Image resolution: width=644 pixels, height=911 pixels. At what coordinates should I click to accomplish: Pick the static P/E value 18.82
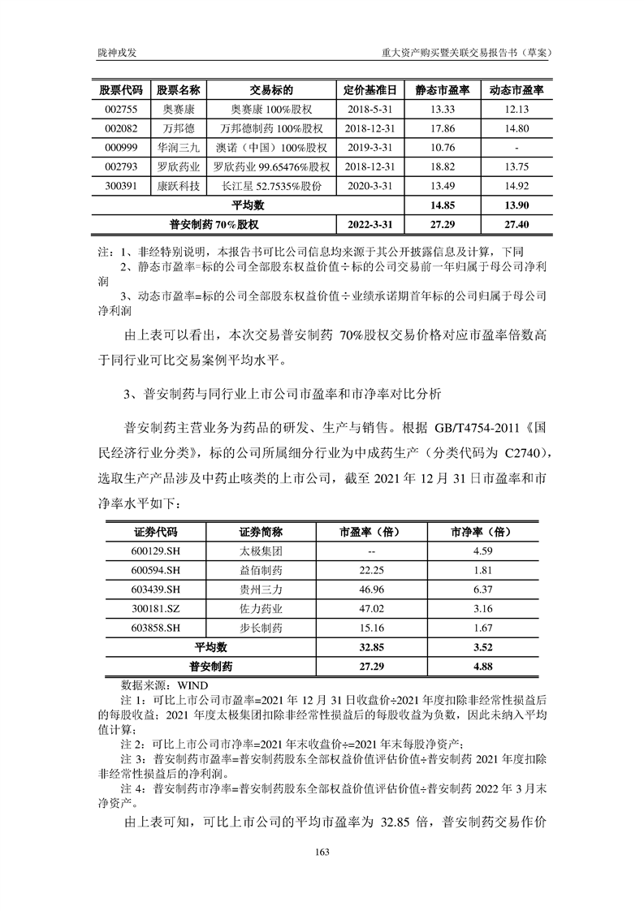tap(442, 166)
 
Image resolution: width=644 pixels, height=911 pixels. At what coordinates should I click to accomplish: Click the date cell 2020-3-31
tap(370, 186)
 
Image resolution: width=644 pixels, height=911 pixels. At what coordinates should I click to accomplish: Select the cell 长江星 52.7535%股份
tap(271, 186)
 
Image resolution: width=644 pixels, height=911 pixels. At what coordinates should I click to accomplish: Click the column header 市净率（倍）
tap(479, 532)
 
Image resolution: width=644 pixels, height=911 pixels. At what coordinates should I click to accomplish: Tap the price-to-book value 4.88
tap(479, 667)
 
